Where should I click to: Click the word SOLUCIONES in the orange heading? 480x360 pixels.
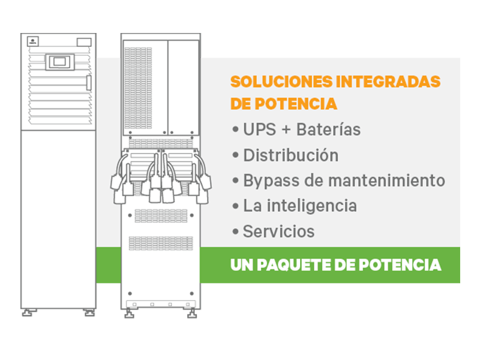pos(281,82)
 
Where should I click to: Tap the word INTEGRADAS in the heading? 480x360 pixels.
pos(388,82)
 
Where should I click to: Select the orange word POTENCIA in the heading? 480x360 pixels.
pos(296,104)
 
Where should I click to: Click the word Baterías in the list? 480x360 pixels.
pos(328,129)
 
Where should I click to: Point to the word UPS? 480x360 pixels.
pos(260,129)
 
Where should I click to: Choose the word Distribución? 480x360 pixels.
pos(291,155)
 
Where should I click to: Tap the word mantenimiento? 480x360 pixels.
pos(386,181)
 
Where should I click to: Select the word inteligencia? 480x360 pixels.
pos(312,206)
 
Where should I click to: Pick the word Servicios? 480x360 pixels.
pos(278,232)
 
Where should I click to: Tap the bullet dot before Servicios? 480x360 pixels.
pos(235,232)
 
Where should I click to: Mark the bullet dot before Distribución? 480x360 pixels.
pos(235,155)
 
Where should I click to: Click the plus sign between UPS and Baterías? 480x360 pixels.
pos(286,130)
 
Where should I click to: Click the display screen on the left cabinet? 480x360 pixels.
pos(59,62)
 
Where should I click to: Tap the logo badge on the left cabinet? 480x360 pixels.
pos(33,41)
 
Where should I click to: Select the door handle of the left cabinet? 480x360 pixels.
pos(89,83)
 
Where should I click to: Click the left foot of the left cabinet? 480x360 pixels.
pos(28,313)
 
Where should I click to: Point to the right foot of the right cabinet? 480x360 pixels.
pos(192,313)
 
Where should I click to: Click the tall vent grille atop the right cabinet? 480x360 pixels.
pos(139,88)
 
